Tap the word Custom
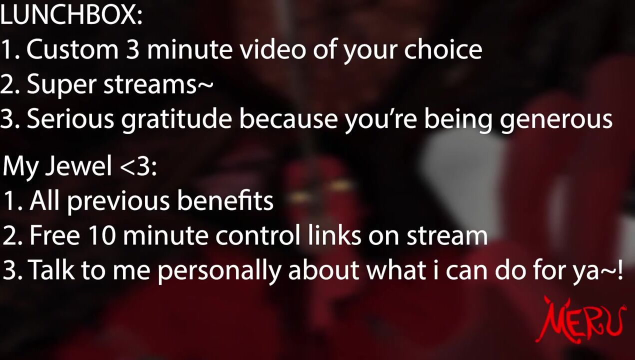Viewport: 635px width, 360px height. (72, 49)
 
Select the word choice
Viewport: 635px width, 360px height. (443, 49)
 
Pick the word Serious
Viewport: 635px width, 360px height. (70, 119)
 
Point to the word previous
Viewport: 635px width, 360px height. (118, 202)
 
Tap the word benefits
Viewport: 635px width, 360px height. (225, 200)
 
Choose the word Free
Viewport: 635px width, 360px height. (54, 235)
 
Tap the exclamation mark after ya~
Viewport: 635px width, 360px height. (620, 268)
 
